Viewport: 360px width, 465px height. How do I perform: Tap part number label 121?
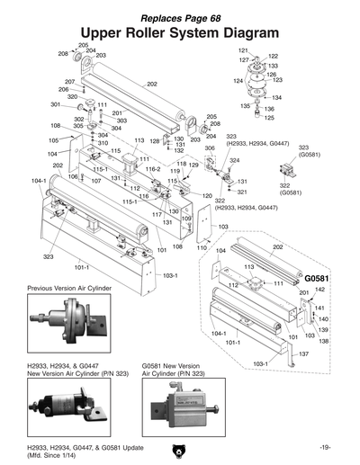[243, 50]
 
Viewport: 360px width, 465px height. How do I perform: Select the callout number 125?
[269, 118]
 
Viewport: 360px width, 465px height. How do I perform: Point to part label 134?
[276, 97]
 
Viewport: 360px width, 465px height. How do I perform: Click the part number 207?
[69, 82]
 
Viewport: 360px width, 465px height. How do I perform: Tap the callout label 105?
[53, 140]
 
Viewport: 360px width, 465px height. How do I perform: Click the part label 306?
[210, 148]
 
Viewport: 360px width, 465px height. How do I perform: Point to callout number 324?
[234, 160]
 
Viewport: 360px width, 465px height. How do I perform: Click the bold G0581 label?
[319, 279]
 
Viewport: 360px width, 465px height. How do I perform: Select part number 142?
[319, 290]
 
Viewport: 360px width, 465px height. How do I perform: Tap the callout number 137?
[303, 354]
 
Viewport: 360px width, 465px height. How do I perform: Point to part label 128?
[155, 141]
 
